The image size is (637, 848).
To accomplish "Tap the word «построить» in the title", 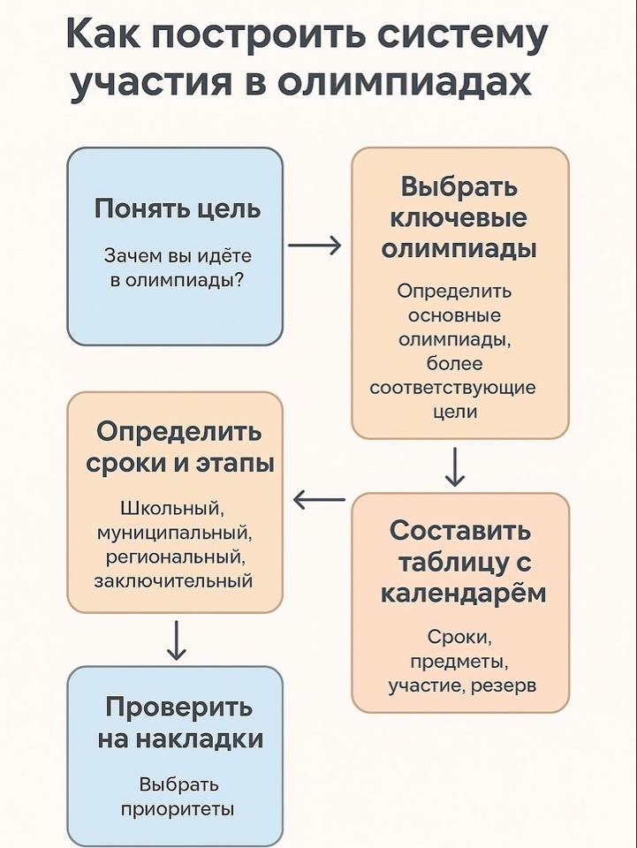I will (x=256, y=35).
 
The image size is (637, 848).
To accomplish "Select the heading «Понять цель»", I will (x=177, y=209).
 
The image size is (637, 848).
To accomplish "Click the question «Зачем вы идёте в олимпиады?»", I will (x=177, y=269).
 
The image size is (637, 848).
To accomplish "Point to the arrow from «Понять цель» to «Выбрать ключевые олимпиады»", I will (x=315, y=246).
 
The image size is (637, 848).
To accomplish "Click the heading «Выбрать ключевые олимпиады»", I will (x=459, y=218).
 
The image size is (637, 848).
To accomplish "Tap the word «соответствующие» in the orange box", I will (x=452, y=388).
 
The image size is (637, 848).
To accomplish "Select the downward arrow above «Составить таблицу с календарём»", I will (x=455, y=466).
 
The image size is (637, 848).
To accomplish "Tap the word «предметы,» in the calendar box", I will (x=460, y=661).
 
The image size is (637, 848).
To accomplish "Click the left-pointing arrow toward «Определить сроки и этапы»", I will (x=319, y=500).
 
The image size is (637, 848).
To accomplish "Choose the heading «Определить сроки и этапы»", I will (x=179, y=448).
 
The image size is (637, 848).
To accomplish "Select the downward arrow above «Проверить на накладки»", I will (x=176, y=640).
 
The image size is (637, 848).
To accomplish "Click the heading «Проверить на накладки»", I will (x=179, y=723).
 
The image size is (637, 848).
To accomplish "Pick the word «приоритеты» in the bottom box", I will (x=178, y=808).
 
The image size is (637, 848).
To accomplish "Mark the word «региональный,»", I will (x=174, y=556).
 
